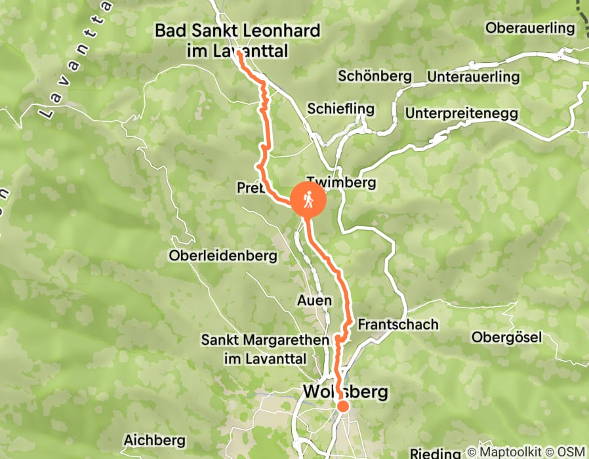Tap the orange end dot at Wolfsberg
click(342, 407)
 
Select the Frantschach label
click(398, 325)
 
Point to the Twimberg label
click(341, 183)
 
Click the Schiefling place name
click(341, 109)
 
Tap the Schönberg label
click(375, 76)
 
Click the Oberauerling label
click(530, 28)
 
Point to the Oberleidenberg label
click(223, 256)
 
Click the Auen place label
click(314, 300)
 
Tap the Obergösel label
click(507, 338)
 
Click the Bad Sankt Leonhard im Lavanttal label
click(237, 40)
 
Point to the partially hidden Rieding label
click(436, 453)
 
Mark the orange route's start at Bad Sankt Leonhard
click(239, 55)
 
